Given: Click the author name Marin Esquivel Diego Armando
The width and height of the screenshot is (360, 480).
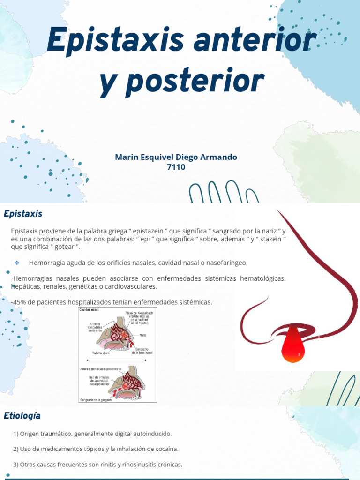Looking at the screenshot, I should (x=176, y=157).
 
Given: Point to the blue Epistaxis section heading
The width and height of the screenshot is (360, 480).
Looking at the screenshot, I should (x=23, y=214).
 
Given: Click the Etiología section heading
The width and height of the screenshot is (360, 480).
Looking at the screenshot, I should (x=22, y=415).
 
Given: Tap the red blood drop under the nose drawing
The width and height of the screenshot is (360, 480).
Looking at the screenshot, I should (x=294, y=345).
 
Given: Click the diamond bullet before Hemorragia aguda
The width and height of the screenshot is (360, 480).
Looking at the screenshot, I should (x=17, y=262).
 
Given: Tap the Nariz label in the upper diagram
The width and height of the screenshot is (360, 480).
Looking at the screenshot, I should (x=143, y=335).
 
